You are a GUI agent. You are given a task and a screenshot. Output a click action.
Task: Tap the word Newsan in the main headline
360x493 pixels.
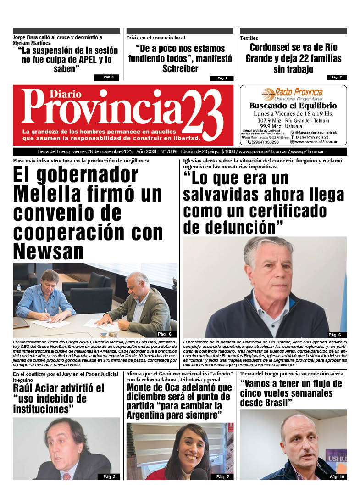click(49, 252)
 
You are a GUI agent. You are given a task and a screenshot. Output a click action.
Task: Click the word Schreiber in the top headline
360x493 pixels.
click(180, 69)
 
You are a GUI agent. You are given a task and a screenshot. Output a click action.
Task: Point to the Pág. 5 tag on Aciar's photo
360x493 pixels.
click(109, 477)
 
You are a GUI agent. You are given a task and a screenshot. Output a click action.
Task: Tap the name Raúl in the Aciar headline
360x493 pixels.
click(25, 388)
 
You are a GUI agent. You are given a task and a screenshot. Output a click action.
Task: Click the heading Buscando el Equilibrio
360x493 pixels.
click(293, 106)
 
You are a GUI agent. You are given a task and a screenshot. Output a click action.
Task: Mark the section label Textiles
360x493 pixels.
click(249, 38)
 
